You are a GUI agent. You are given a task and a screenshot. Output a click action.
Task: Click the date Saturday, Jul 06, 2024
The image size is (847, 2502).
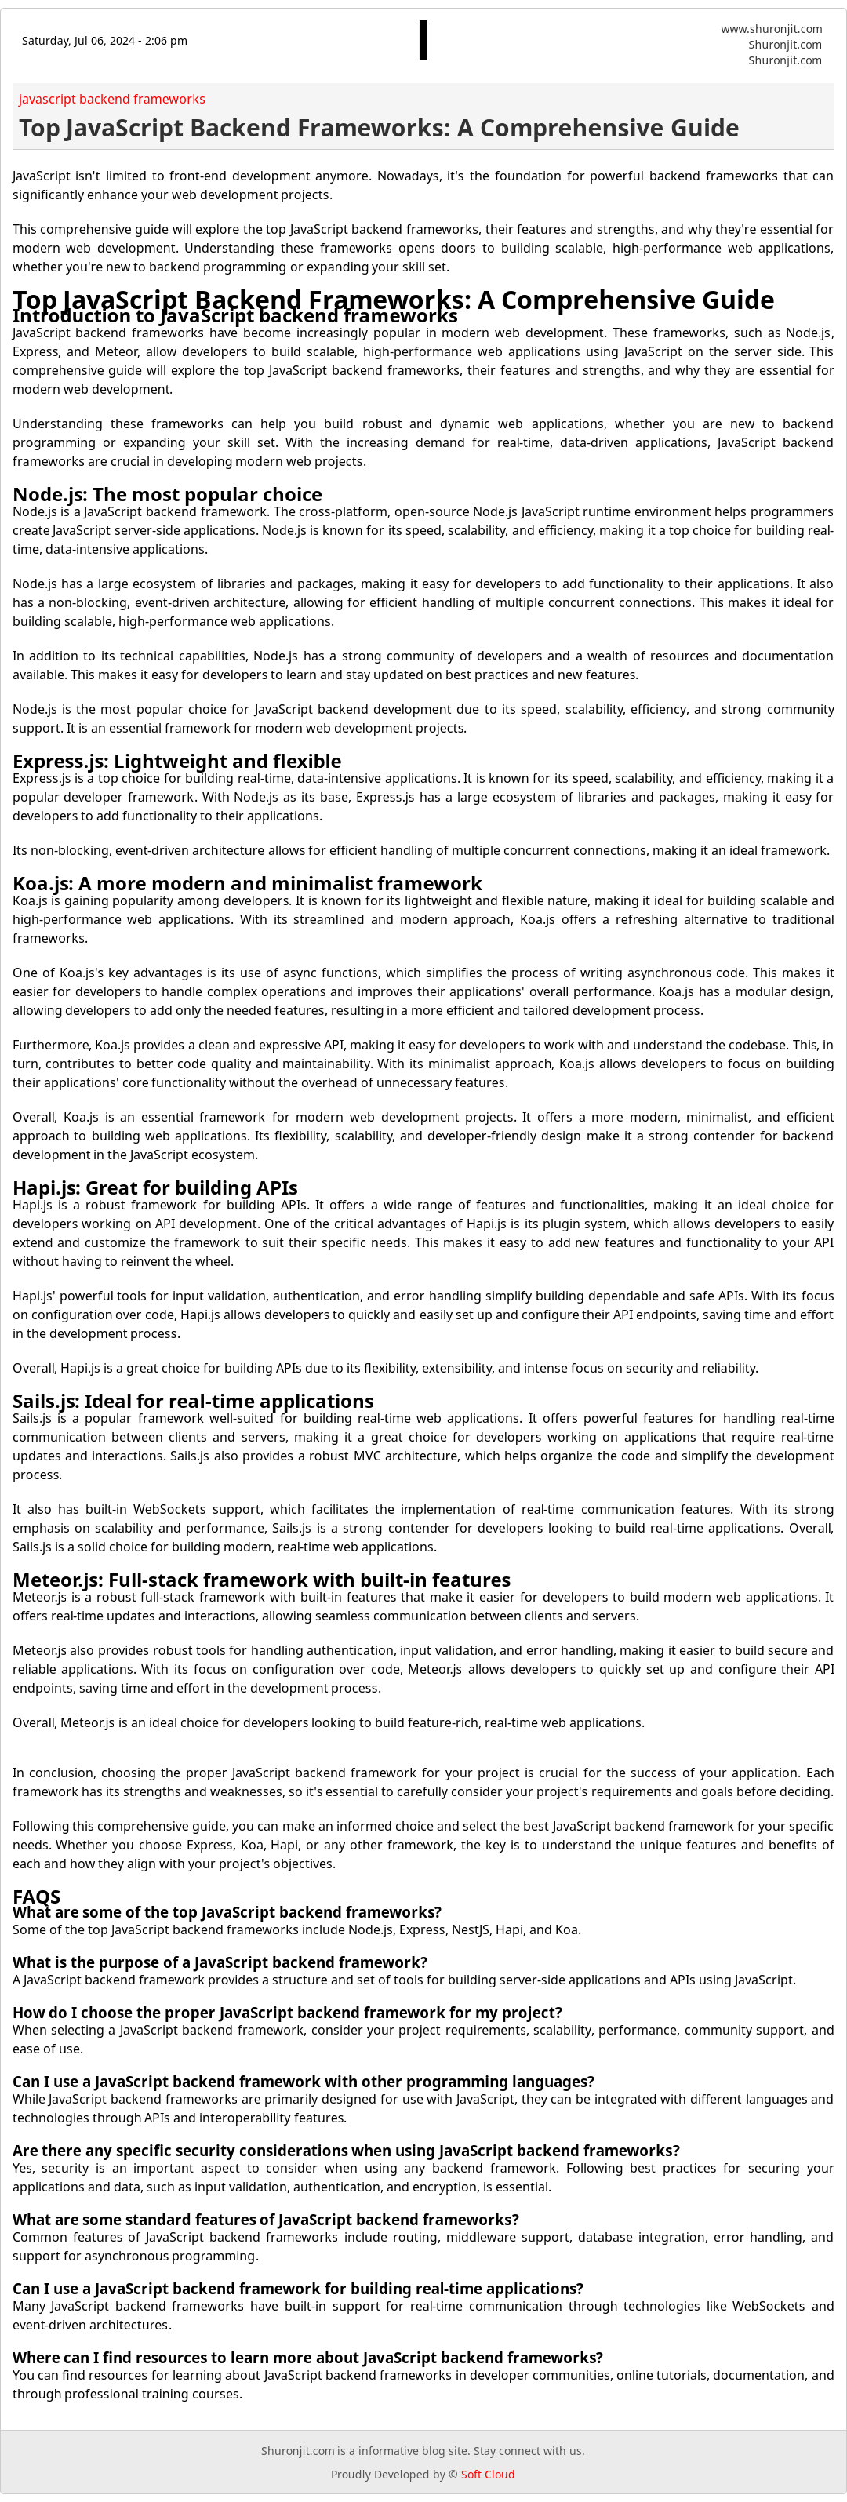tap(104, 41)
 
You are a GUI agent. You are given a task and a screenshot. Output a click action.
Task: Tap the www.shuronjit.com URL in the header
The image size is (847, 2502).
tap(770, 29)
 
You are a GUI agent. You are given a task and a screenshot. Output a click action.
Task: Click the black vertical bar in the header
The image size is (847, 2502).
tap(423, 40)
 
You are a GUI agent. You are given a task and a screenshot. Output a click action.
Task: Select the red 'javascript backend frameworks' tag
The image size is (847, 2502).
tap(111, 99)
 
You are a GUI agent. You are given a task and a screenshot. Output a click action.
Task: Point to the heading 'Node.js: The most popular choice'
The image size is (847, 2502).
tap(167, 494)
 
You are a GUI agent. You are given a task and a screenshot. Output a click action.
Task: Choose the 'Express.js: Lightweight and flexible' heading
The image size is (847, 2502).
tap(176, 762)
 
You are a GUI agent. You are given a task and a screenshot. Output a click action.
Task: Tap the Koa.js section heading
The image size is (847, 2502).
tap(247, 884)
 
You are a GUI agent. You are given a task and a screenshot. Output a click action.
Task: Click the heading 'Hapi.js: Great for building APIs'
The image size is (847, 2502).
tap(154, 1188)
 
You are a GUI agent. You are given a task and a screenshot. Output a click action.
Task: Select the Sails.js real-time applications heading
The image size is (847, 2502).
tap(192, 1402)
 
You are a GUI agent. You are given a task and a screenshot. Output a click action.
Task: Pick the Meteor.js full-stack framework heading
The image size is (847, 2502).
tap(261, 1580)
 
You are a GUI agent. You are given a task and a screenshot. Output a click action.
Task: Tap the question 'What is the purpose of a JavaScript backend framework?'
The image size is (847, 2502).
tap(220, 1963)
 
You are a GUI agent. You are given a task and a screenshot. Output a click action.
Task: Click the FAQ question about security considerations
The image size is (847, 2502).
tap(346, 2151)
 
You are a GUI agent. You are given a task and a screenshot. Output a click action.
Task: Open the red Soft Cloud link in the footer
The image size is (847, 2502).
tap(488, 2475)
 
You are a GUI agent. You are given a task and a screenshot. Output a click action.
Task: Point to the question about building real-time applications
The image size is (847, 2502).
tap(297, 2289)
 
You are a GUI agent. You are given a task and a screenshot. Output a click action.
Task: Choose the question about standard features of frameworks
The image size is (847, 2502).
tap(265, 2220)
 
